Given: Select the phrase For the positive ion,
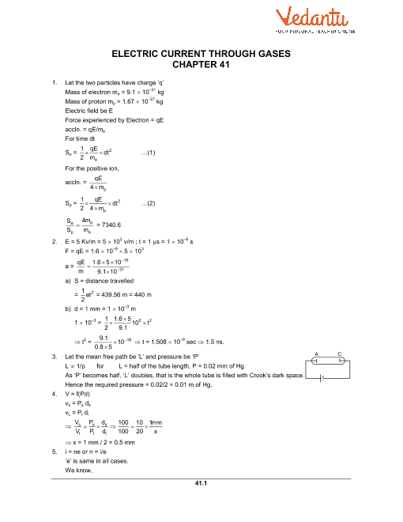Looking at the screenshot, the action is point(93,168).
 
